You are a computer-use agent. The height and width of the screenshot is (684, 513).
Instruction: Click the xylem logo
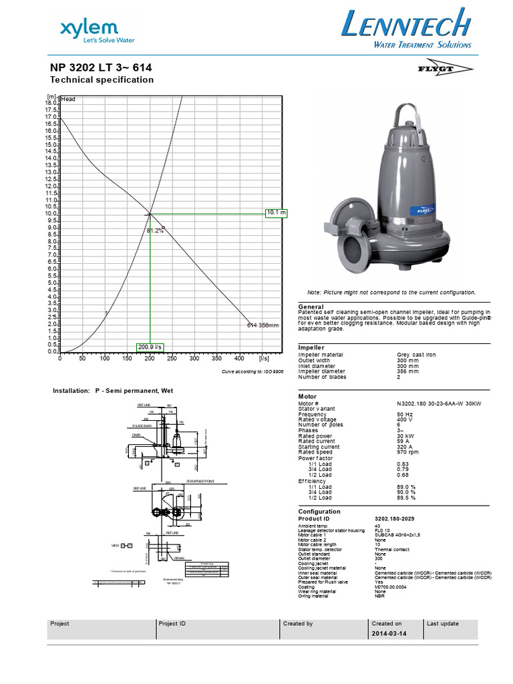click(x=90, y=31)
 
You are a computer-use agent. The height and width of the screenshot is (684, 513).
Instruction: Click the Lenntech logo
click(x=406, y=31)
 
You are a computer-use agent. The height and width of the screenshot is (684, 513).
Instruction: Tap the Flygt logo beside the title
click(x=450, y=69)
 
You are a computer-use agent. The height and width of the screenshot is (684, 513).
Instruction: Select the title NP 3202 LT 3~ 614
click(x=105, y=67)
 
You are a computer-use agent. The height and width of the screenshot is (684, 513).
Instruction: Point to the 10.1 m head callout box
click(x=276, y=213)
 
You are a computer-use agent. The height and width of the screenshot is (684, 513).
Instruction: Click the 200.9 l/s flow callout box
click(x=150, y=347)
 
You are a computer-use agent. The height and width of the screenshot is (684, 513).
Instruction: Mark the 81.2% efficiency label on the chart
click(x=155, y=230)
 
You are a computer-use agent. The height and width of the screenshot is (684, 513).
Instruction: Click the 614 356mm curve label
click(x=263, y=325)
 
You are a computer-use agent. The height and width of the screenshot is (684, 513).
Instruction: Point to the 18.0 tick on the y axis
click(x=51, y=103)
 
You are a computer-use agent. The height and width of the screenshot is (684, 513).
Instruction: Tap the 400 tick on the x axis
click(x=240, y=359)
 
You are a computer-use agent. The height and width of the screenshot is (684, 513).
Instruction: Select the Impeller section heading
click(x=311, y=347)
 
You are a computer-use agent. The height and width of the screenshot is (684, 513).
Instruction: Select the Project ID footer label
click(x=172, y=623)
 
